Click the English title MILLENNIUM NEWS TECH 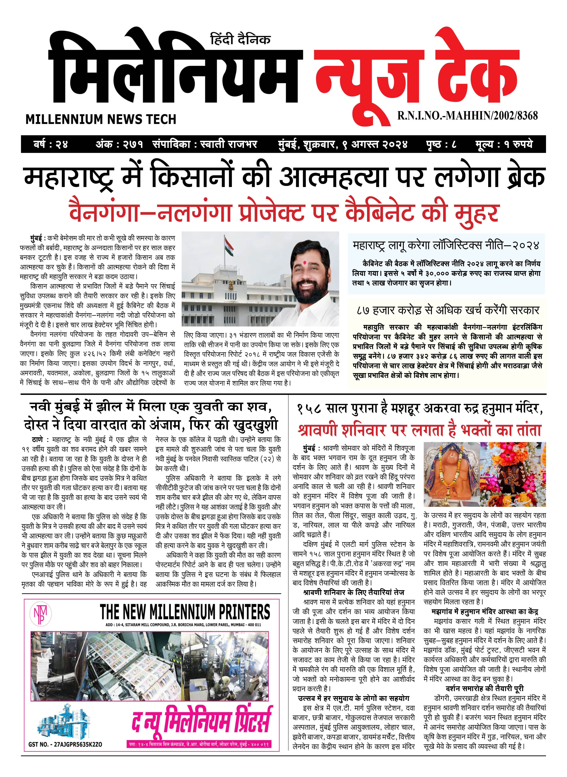(101, 119)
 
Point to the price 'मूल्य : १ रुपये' (504, 144)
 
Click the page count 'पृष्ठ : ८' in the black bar (441, 144)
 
